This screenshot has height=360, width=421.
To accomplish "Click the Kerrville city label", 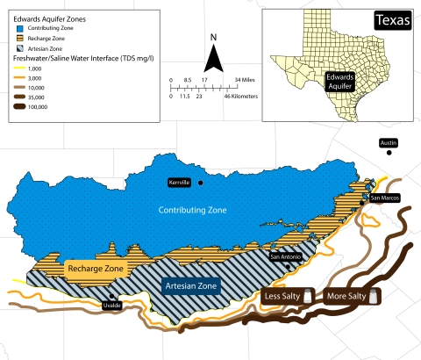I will coord(181,182).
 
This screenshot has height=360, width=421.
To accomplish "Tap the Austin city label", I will coord(388,142).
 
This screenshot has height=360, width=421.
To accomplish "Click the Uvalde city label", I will coord(111,305).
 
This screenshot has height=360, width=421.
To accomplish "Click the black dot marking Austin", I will coord(389,153).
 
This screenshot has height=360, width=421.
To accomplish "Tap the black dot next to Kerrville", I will coord(201,182).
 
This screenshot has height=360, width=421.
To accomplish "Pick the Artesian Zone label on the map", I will coord(191,286).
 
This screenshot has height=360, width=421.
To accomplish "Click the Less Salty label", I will coord(284,297).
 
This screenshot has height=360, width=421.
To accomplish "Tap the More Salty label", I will coord(346,297).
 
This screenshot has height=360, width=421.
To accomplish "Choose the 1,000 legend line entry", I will coord(20,68).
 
